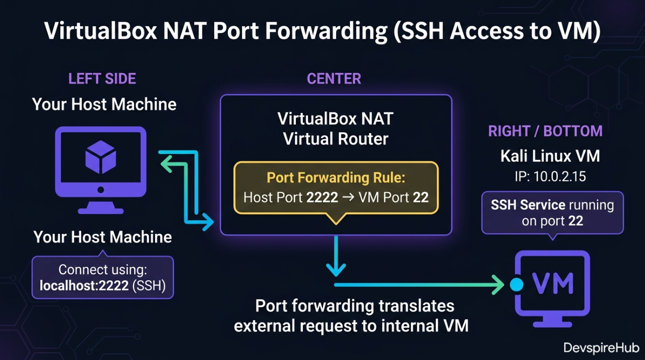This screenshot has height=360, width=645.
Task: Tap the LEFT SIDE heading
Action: click(x=102, y=79)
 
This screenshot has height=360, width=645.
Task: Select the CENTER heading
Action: click(x=334, y=79)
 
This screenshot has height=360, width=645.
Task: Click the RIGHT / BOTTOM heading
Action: click(x=545, y=131)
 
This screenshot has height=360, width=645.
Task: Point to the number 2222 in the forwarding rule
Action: click(x=322, y=197)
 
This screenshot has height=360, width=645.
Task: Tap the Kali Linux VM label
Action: click(x=550, y=156)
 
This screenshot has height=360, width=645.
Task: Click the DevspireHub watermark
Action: click(x=601, y=348)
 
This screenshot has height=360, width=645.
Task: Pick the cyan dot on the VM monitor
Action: click(x=517, y=285)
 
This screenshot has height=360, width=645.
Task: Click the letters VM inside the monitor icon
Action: click(x=553, y=283)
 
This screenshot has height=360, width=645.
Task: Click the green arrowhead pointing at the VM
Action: click(x=499, y=285)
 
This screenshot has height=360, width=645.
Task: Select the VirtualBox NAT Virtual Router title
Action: click(x=336, y=129)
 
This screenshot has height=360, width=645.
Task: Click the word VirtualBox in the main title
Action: click(x=98, y=31)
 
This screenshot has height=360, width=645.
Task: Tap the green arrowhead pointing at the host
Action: click(x=166, y=162)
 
